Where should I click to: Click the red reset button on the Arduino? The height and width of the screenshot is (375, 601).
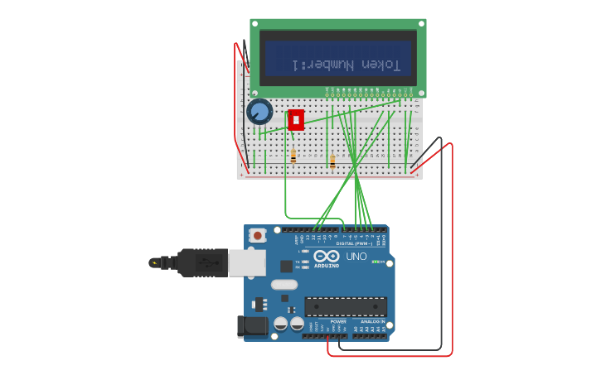click(258, 236)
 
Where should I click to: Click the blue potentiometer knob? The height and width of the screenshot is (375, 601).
click(259, 111)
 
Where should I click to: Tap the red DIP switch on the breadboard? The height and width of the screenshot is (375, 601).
click(296, 120)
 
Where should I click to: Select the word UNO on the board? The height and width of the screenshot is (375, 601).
click(356, 257)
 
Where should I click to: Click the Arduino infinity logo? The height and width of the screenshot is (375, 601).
click(327, 256)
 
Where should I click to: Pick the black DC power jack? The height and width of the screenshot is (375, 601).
click(252, 326)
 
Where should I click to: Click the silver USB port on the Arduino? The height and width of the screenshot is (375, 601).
click(247, 262)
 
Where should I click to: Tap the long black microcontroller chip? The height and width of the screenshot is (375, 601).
click(345, 307)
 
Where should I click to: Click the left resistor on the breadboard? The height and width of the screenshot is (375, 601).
click(293, 156)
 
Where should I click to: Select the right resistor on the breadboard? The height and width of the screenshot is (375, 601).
click(332, 161)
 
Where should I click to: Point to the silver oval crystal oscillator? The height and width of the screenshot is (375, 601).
click(284, 285)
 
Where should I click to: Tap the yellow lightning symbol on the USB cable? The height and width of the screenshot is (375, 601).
click(154, 262)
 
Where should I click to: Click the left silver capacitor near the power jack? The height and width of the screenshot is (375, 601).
click(281, 324)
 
